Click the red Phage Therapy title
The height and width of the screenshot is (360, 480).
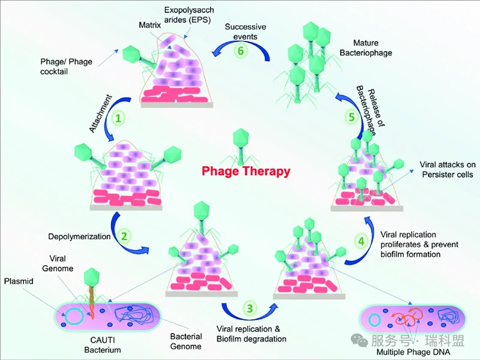click(x=245, y=172)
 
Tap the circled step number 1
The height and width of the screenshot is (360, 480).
click(x=119, y=118)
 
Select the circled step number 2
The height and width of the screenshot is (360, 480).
click(x=124, y=236)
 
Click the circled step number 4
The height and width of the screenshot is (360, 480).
click(x=361, y=241)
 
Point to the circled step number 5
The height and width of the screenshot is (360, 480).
click(x=352, y=118)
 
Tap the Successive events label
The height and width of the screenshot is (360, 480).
click(x=246, y=31)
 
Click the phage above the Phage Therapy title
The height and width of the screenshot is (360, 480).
click(x=240, y=145)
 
